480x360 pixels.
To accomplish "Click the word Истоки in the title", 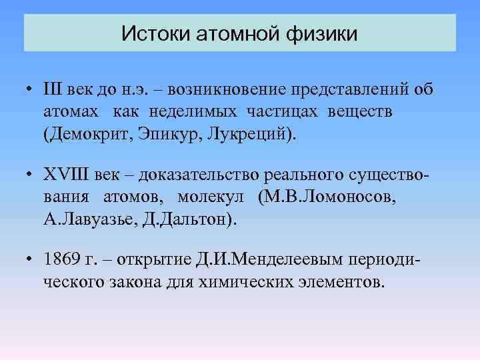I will click(x=155, y=33).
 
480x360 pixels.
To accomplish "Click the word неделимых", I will click(x=195, y=111).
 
